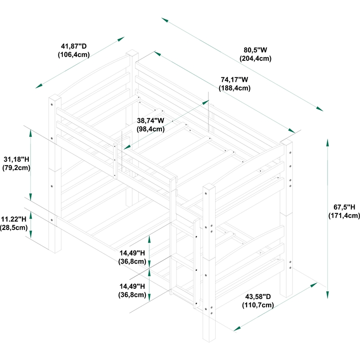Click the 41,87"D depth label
(x=74, y=46)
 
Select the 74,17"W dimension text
(x=234, y=80)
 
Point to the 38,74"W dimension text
(x=150, y=121)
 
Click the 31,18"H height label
(x=17, y=159)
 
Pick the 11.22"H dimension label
(x=14, y=219)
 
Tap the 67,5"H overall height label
(x=344, y=207)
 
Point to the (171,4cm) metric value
(x=344, y=216)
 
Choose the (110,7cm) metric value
(x=258, y=305)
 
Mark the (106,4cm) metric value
(x=74, y=54)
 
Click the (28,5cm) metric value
(x=14, y=228)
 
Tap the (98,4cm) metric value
(x=150, y=129)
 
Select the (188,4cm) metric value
(x=234, y=88)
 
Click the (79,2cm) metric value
(x=17, y=168)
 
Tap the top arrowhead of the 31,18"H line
(x=31, y=133)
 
